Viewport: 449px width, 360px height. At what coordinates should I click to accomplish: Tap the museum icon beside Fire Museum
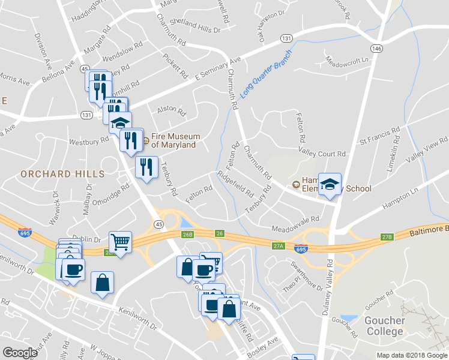[146, 141]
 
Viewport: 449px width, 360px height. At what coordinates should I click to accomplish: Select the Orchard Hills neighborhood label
[62, 174]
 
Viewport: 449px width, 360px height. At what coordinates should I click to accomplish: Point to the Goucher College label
[384, 326]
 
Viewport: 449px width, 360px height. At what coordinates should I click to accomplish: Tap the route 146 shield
[376, 48]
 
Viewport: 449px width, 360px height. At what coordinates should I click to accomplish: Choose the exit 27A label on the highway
[277, 245]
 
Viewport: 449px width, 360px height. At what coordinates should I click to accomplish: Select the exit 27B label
[387, 238]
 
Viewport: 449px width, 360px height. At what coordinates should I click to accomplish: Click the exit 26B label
[188, 234]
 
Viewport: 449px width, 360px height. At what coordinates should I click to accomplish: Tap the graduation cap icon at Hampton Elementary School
[330, 184]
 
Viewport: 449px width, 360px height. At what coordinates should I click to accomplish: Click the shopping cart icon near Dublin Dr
[120, 242]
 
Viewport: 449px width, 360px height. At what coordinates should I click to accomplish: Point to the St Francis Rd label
[379, 136]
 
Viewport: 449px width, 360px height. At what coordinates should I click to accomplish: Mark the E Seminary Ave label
[217, 69]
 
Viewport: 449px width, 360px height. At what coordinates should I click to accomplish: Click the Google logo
[20, 353]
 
